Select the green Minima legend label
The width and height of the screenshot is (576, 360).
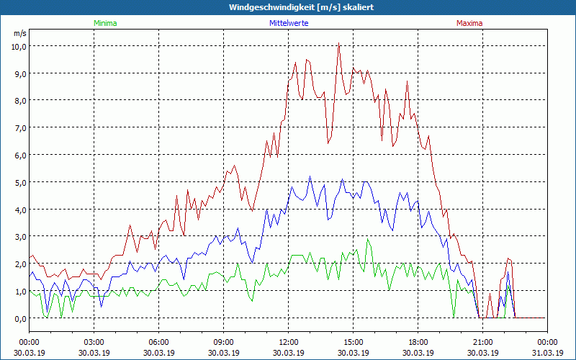(x=105, y=23)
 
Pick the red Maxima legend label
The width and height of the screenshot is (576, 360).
(x=469, y=23)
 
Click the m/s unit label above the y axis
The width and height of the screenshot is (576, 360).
(x=19, y=33)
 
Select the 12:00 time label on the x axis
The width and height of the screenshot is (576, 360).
(x=288, y=342)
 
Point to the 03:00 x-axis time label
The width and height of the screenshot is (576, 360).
(x=94, y=342)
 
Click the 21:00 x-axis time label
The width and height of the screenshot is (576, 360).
(x=482, y=342)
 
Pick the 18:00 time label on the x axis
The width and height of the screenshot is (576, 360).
(x=418, y=342)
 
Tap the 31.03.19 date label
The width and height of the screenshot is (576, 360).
(x=547, y=353)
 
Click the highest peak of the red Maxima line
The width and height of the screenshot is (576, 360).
(x=338, y=42)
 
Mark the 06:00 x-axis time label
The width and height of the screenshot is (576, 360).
(x=158, y=342)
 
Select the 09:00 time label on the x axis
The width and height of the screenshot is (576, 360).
(x=223, y=342)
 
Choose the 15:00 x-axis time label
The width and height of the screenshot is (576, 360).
(x=353, y=342)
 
